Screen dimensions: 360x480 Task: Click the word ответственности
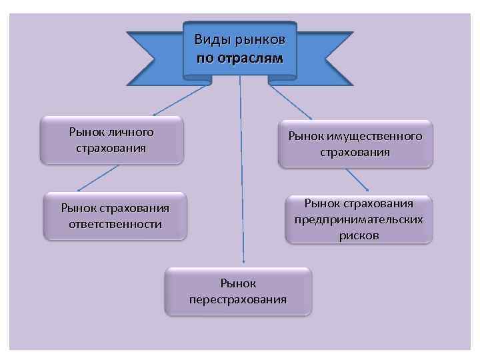pyautogui.click(x=115, y=223)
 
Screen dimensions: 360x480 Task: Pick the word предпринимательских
pyautogui.click(x=359, y=219)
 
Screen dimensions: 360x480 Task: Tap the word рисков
pyautogui.click(x=359, y=235)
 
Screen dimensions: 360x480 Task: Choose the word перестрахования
pyautogui.click(x=238, y=299)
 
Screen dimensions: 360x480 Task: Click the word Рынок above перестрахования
pyautogui.click(x=238, y=283)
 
